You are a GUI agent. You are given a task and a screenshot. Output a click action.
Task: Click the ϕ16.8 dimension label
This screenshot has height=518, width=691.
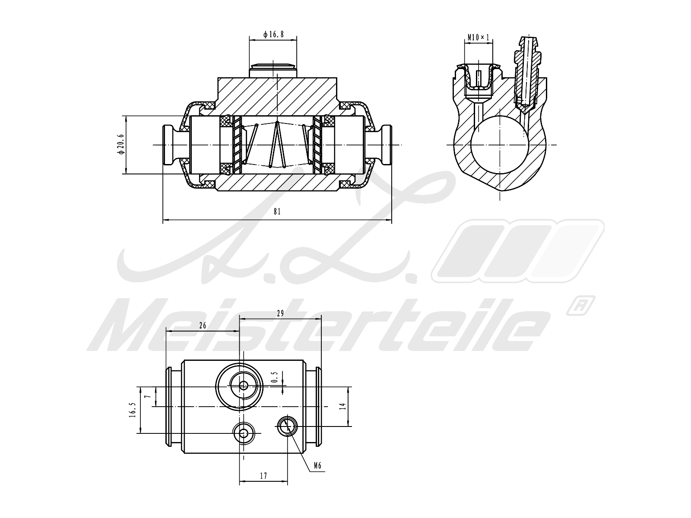click(x=273, y=34)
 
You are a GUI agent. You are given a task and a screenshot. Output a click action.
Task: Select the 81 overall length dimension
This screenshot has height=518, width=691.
click(x=277, y=212)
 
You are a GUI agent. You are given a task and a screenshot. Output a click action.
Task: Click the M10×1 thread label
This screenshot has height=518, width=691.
click(x=479, y=38)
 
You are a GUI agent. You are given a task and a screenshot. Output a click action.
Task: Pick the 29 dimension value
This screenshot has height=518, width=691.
click(x=280, y=314)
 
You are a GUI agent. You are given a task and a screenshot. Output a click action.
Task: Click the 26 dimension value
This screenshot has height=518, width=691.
click(x=203, y=326)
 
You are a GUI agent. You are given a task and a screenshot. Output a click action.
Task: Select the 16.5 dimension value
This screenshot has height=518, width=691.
click(x=133, y=410)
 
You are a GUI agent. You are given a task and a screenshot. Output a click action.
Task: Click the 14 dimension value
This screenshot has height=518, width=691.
click(x=342, y=406)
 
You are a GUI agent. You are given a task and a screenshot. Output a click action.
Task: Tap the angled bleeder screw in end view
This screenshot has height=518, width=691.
click(x=526, y=73)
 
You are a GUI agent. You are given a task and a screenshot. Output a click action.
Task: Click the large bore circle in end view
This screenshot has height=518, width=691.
click(x=500, y=144)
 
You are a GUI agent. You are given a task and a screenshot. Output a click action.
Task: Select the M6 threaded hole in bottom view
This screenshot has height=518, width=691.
click(x=287, y=427)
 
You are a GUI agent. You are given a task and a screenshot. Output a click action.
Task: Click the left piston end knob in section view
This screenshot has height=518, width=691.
click(x=169, y=144)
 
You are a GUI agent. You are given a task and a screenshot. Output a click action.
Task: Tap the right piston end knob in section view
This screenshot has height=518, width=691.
click(x=386, y=144)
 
